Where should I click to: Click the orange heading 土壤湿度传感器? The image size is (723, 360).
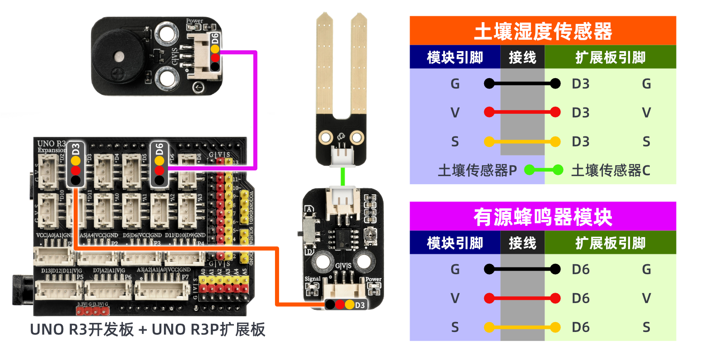click(x=542, y=31)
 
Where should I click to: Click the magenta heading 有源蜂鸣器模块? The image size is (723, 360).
click(x=542, y=217)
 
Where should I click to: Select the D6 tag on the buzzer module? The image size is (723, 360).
click(x=215, y=38)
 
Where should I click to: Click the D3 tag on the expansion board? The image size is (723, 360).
click(x=75, y=149)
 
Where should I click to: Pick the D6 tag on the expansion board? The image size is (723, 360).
click(x=159, y=149)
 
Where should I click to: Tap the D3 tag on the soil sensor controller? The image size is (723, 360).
click(x=359, y=305)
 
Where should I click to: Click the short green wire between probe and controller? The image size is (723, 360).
click(x=343, y=176)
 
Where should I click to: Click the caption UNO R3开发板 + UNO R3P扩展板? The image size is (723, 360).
click(x=147, y=330)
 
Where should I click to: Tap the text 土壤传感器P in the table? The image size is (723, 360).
click(x=477, y=170)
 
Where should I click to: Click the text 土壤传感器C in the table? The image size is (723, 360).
click(x=611, y=170)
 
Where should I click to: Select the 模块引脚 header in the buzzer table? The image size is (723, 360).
click(x=455, y=243)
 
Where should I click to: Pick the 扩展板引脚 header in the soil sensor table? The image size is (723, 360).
click(x=610, y=57)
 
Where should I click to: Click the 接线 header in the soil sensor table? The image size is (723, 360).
click(x=522, y=57)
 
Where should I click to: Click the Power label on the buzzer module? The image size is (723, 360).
click(x=195, y=21)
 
